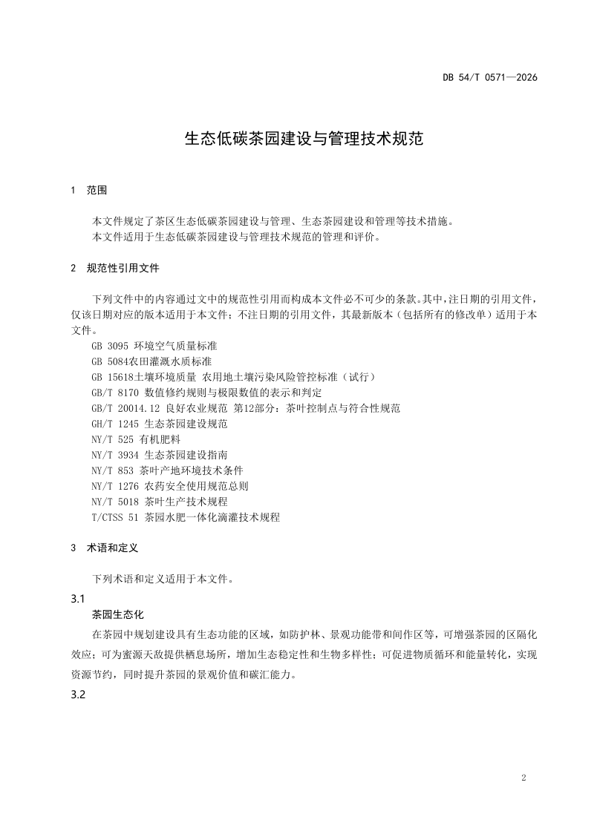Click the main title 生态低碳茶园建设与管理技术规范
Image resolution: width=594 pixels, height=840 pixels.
pos(304,139)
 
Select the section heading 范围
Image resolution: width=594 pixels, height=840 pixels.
pos(97,191)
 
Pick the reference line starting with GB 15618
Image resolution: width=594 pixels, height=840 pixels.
pos(234,377)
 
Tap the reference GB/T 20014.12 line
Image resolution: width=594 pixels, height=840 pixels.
pos(246,408)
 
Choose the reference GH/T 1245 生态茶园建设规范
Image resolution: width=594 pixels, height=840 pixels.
pos(160,424)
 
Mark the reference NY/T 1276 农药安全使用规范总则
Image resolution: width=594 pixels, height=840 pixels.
pos(170,486)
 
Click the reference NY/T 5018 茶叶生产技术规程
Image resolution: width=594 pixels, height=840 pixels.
pos(160,502)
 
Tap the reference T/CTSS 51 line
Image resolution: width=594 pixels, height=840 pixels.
pos(186,517)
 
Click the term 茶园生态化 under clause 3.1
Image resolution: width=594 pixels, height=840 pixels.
pos(117,615)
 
